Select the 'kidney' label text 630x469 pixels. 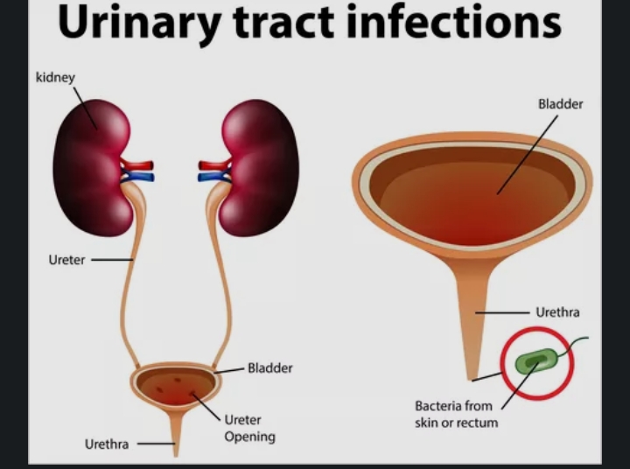pyautogui.click(x=55, y=78)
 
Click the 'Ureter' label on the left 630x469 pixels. pyautogui.click(x=66, y=260)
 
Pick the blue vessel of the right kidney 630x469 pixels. pyautogui.click(x=213, y=177)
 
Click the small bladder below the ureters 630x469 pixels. pyautogui.click(x=176, y=385)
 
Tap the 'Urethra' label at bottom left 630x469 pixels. pyautogui.click(x=107, y=444)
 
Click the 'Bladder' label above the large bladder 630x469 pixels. pyautogui.click(x=560, y=104)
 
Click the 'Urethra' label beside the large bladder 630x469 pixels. pyautogui.click(x=557, y=311)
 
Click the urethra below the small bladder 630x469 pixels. pyautogui.click(x=175, y=432)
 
